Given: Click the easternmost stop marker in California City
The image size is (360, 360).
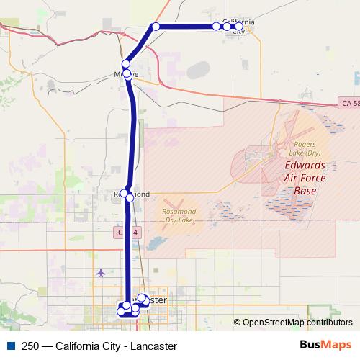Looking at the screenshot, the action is click(240, 27).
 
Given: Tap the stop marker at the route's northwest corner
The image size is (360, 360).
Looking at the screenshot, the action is click(155, 27).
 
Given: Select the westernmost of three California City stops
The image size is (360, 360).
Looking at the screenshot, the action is click(216, 27).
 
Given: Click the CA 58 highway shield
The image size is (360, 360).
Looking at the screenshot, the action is click(348, 104).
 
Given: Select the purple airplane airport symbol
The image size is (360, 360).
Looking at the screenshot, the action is click(100, 273).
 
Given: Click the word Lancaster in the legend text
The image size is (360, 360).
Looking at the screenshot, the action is click(153, 346).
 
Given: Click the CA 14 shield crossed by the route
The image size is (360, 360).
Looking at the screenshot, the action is click(126, 232).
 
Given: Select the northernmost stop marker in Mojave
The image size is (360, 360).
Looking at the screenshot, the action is click(126, 64).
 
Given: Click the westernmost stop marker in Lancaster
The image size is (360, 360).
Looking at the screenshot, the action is click(121, 312).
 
